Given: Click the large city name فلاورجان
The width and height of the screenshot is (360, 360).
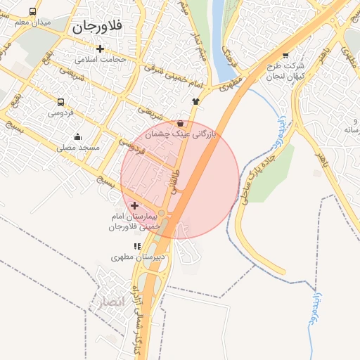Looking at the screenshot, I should point(97,27).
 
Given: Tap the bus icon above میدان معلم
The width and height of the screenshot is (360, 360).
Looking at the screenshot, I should point(33,11).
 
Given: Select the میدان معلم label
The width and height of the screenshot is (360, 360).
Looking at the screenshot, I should point(34,22).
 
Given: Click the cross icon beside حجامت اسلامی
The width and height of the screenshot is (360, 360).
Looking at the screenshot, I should point(101,49).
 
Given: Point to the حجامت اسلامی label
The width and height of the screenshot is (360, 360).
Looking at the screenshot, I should point(101,59).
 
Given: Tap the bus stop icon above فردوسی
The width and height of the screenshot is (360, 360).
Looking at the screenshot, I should point(60,101).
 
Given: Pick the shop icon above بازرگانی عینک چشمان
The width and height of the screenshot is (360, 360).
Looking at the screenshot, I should point(181,122).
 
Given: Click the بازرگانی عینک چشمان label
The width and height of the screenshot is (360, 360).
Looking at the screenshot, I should point(181,133).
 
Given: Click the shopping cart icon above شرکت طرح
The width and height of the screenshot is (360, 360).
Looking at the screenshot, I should point(285,55).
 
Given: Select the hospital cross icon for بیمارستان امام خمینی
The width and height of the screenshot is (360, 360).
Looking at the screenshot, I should point(134,205).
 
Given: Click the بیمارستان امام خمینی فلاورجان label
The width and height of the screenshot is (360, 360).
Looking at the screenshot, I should point(134,221).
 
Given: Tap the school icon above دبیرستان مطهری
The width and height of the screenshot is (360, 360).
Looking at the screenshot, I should point(137,246).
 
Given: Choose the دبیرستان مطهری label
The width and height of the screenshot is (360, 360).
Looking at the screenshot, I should point(138,257).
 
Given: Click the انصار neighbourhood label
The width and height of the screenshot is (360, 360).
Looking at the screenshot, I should point(110,302).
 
